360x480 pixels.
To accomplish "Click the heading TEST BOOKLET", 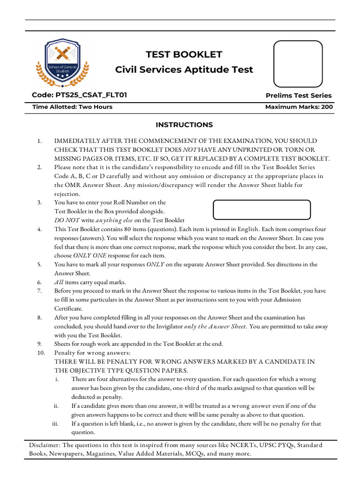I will point(184,54).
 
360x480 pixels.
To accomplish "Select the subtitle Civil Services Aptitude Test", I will point(184,70).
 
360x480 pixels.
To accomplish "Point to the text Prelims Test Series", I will point(299,96).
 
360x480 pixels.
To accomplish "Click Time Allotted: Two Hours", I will point(72,107).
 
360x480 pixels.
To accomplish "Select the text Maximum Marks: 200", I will point(299,107).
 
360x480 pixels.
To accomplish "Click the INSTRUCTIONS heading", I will point(184,125).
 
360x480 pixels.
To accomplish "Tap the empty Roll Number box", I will point(262,210).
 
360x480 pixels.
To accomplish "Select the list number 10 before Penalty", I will point(39,352).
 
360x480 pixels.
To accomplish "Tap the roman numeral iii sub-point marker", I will point(56,424).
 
